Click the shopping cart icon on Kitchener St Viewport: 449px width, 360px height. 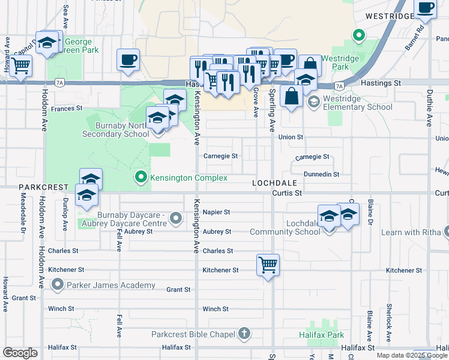pyautogui.click(x=268, y=264)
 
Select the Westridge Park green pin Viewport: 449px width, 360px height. pyautogui.click(x=359, y=36)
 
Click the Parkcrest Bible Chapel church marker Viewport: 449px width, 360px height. pyautogui.click(x=244, y=333)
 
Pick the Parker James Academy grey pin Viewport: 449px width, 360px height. pyautogui.click(x=58, y=284)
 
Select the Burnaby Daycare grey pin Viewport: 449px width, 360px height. pyautogui.click(x=176, y=218)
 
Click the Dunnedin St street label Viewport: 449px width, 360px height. pyautogui.click(x=321, y=174)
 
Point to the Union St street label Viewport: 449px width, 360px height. pyautogui.click(x=291, y=137)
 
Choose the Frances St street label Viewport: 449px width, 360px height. pyautogui.click(x=66, y=109)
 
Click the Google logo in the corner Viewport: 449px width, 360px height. pyautogui.click(x=20, y=353)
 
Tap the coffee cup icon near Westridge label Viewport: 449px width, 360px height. pyautogui.click(x=425, y=8)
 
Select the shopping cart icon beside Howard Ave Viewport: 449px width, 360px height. pyautogui.click(x=21, y=66)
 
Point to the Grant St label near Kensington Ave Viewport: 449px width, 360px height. pyautogui.click(x=178, y=289)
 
